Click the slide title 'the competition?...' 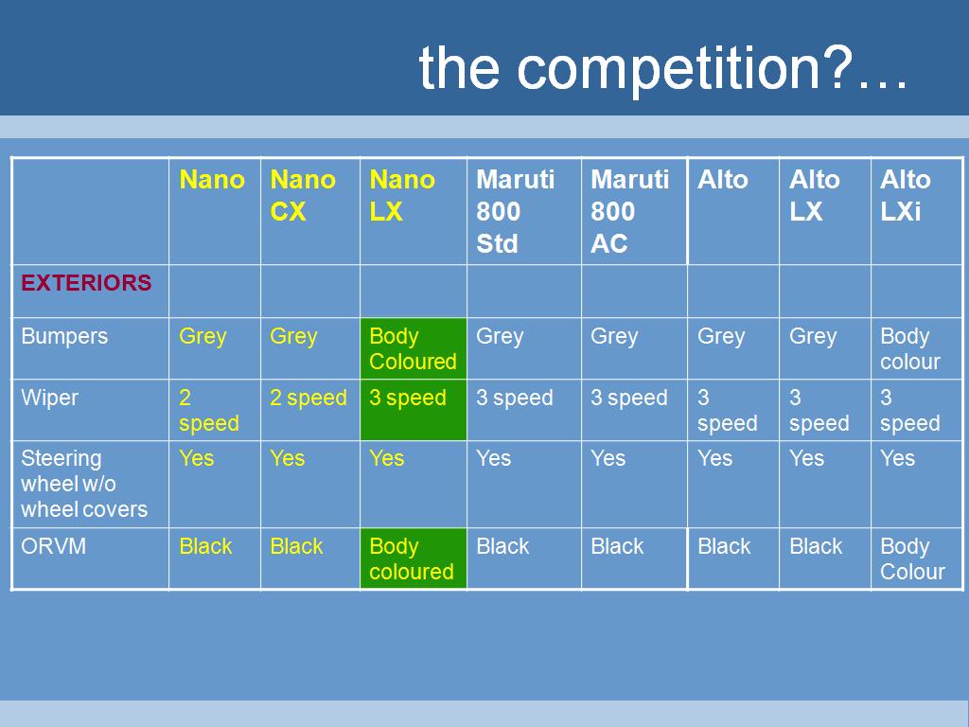point(663,68)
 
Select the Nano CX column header point(303,195)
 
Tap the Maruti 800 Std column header point(516,211)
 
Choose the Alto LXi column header point(906,195)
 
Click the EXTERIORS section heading point(86,282)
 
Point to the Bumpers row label point(64,336)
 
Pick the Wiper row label point(49,398)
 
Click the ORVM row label point(53,546)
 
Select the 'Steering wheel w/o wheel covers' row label point(84,484)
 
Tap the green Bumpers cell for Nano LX point(414,348)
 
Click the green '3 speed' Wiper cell point(414,410)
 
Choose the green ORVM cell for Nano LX point(414,559)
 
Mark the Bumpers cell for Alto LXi point(910,348)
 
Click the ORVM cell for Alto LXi point(913,559)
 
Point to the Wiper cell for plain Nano point(209,410)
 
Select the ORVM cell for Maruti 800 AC point(617,546)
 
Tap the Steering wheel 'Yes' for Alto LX point(806,458)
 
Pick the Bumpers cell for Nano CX point(293,336)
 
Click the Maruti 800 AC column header point(629,211)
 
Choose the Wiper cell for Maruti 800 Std point(514,398)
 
